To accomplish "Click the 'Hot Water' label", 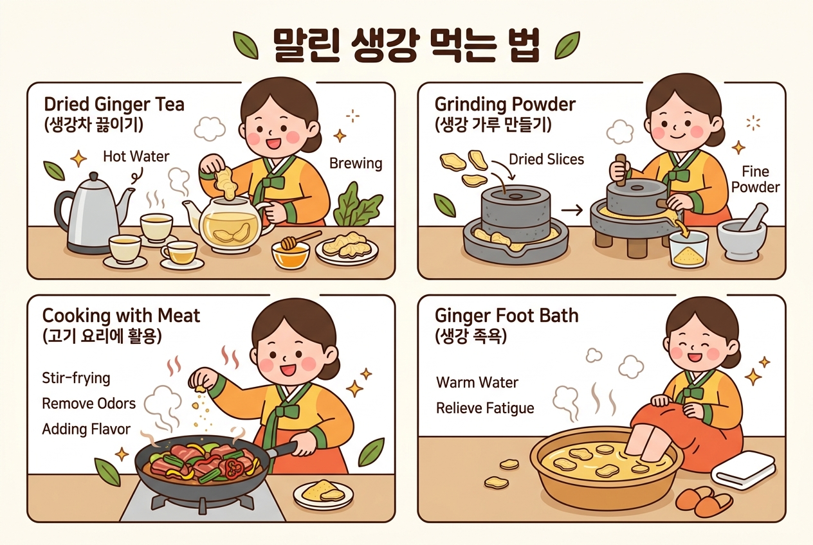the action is click(x=136, y=157).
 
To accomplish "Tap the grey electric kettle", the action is click(x=93, y=213).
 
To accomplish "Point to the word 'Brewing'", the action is click(x=356, y=163).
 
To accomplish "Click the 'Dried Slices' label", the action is click(x=546, y=159).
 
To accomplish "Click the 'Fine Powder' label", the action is click(x=755, y=179).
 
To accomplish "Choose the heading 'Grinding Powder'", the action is click(x=505, y=104).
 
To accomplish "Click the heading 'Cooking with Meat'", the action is click(x=121, y=316).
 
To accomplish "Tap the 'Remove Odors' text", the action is click(x=89, y=404).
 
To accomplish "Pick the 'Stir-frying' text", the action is click(x=76, y=378).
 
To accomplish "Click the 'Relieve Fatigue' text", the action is click(x=485, y=408).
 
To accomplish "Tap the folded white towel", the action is click(x=743, y=470).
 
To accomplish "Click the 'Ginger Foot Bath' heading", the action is click(x=506, y=316).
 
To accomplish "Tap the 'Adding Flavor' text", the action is click(x=86, y=429).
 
